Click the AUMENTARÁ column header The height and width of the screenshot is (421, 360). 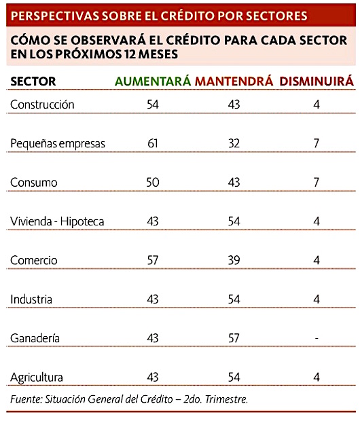coord(153,81)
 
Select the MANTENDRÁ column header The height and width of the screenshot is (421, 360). coord(234,81)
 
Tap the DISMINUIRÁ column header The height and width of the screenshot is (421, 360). coord(317,81)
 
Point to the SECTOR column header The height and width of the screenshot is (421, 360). coord(33,81)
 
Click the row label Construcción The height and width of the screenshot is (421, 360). coord(42,105)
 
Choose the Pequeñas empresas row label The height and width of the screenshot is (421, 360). coord(58,144)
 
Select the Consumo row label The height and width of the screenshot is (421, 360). coord(34,183)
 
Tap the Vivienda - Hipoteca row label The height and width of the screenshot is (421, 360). coord(57,221)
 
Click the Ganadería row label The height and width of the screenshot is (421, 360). coord(35,338)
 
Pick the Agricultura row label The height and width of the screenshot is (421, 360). coord(37,378)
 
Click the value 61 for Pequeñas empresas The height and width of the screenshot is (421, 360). coord(153,143)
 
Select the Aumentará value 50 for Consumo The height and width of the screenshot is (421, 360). coord(153,183)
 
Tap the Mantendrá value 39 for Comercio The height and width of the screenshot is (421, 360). coord(234,261)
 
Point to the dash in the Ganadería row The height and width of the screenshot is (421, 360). coord(317,338)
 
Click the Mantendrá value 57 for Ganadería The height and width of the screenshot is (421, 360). coord(234,338)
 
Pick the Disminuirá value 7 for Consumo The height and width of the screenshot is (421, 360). coord(317,183)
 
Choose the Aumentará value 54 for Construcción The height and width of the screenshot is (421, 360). coord(153,105)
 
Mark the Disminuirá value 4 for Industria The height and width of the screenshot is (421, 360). coord(317,299)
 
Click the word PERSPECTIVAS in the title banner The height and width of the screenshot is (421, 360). coord(55,16)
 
